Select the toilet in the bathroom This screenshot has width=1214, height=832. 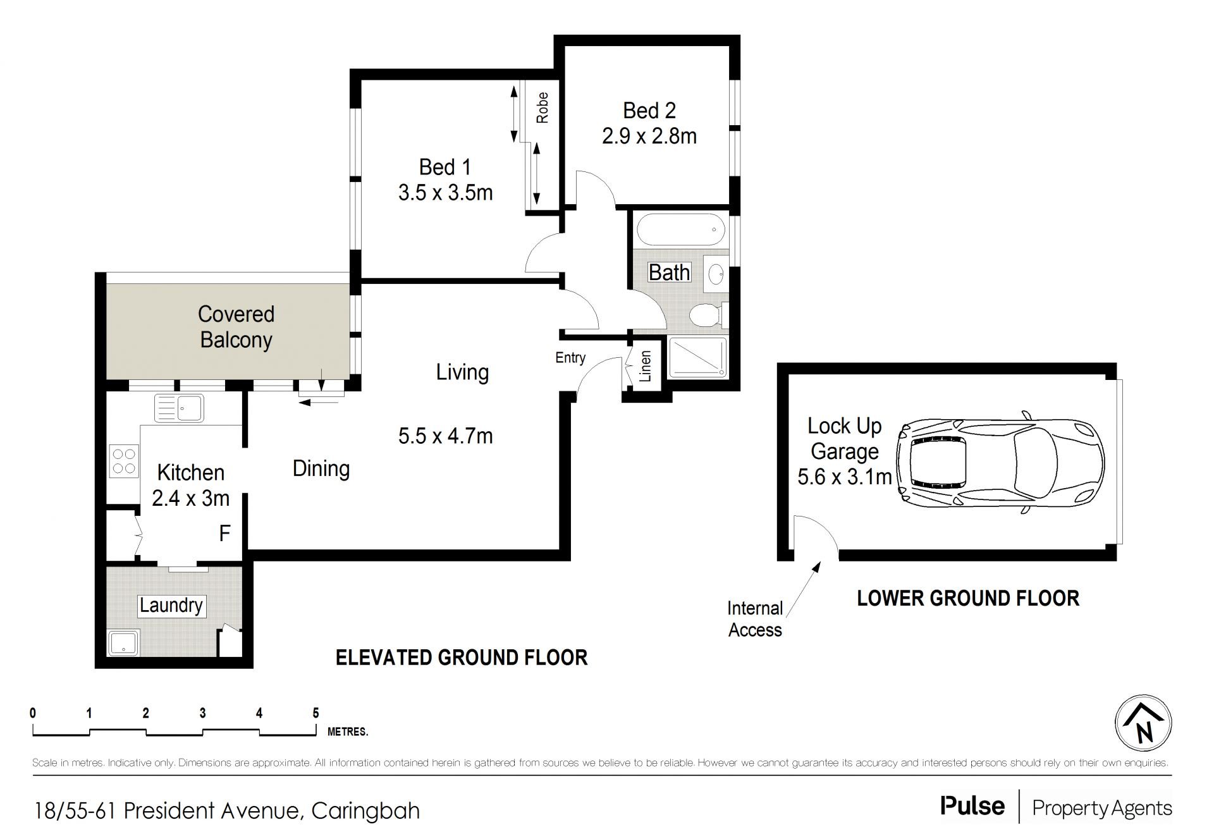coord(708,314)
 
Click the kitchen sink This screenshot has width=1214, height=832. coord(179,407)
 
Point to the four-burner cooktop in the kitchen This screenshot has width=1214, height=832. coord(124,460)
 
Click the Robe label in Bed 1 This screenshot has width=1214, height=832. coord(542,108)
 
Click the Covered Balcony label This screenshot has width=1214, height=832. coord(236,327)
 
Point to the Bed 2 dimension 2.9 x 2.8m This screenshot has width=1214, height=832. coord(649,137)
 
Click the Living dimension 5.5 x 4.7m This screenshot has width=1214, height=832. coord(445,436)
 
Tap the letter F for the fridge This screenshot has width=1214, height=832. coord(224,534)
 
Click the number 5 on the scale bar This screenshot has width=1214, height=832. coord(316,713)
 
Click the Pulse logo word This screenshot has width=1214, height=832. coord(972,805)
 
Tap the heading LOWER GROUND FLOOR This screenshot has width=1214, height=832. coord(968,598)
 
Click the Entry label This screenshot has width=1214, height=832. coord(570,358)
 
